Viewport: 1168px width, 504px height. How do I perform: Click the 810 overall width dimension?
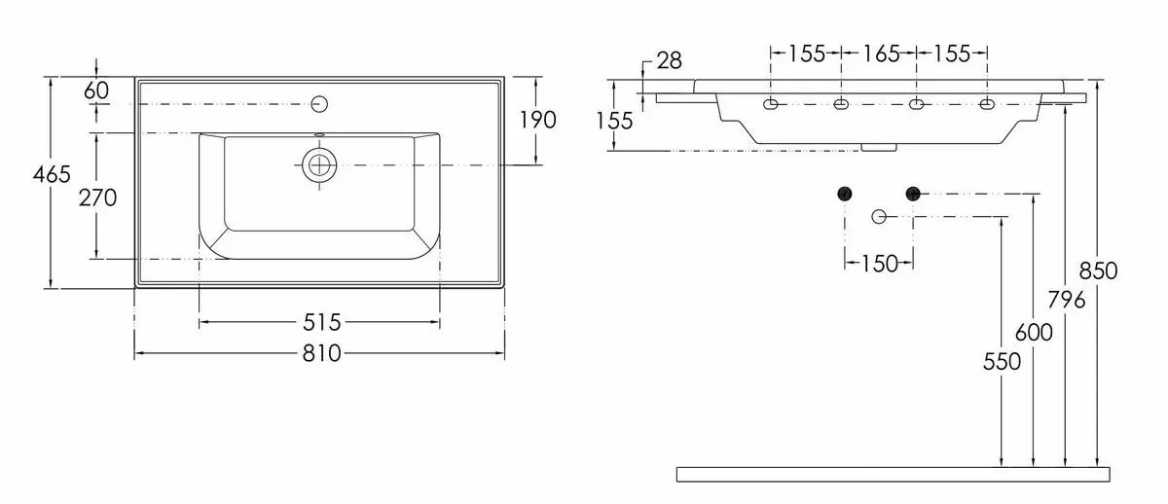(x=320, y=353)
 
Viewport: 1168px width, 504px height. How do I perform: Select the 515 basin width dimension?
(x=320, y=321)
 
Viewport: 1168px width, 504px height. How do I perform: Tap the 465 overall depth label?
(x=52, y=175)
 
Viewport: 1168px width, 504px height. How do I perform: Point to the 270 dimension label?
(x=97, y=198)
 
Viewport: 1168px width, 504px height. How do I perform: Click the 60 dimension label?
(x=96, y=90)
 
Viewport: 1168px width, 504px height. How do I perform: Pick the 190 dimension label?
(x=537, y=120)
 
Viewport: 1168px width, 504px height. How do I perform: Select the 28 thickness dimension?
(x=669, y=61)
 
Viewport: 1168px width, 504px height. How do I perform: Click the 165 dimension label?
(x=881, y=54)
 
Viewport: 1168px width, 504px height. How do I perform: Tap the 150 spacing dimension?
(x=879, y=263)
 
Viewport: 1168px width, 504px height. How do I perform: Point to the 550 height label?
(x=1002, y=361)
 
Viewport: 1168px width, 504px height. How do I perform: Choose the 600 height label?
(x=1034, y=332)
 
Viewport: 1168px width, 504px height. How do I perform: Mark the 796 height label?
(x=1067, y=300)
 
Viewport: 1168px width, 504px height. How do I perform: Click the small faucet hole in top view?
(x=319, y=103)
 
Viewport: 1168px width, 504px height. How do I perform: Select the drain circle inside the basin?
(x=318, y=165)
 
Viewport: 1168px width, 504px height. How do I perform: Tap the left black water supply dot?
(x=845, y=193)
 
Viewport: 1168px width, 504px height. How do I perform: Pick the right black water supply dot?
(x=913, y=193)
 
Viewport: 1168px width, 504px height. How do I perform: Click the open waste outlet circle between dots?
(x=879, y=216)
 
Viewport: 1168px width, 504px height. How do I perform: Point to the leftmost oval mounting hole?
(x=771, y=104)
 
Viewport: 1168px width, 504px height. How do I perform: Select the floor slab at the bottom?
(x=893, y=474)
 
